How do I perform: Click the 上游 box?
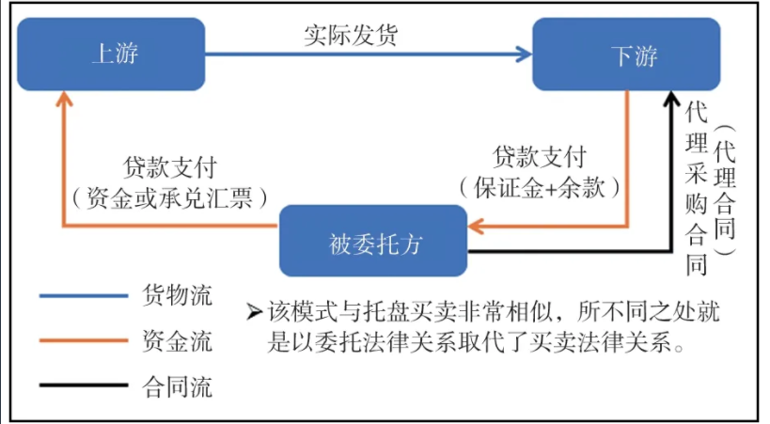tap(111, 55)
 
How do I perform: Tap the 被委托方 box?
tap(373, 241)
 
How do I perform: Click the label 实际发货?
tap(351, 36)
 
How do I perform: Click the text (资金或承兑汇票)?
tap(170, 196)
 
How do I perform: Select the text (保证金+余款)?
tap(540, 186)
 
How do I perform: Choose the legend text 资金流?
tap(177, 339)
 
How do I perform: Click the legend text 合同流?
tap(177, 385)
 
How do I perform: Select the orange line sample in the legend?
tap(83, 340)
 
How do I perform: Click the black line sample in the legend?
tap(83, 385)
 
